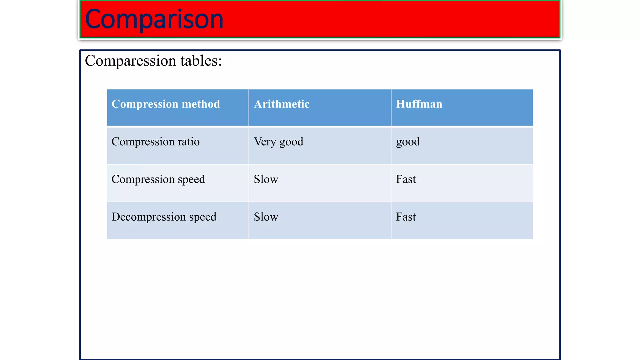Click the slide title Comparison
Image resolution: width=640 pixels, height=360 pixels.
pyautogui.click(x=154, y=19)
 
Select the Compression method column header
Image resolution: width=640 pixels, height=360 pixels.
pyautogui.click(x=166, y=104)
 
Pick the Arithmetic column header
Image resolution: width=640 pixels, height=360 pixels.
pyautogui.click(x=282, y=104)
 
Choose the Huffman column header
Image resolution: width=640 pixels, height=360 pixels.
pyautogui.click(x=419, y=104)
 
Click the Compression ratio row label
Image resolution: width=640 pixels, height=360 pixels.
pyautogui.click(x=155, y=142)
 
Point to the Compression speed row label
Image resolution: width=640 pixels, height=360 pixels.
pyautogui.click(x=158, y=179)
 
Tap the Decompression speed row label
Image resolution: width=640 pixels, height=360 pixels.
pyautogui.click(x=164, y=217)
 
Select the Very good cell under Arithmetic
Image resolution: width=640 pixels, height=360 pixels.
pyautogui.click(x=278, y=142)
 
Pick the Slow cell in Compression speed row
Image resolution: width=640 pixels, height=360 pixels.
pyautogui.click(x=266, y=179)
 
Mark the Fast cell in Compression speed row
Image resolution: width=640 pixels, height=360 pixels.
pyautogui.click(x=406, y=179)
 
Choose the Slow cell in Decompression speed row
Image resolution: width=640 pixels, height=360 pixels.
pyautogui.click(x=266, y=217)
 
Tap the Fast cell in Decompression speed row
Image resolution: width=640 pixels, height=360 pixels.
pyautogui.click(x=406, y=217)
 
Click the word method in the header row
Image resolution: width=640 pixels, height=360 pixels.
pyautogui.click(x=201, y=104)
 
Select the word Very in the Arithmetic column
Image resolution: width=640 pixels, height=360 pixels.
pyautogui.click(x=265, y=142)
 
